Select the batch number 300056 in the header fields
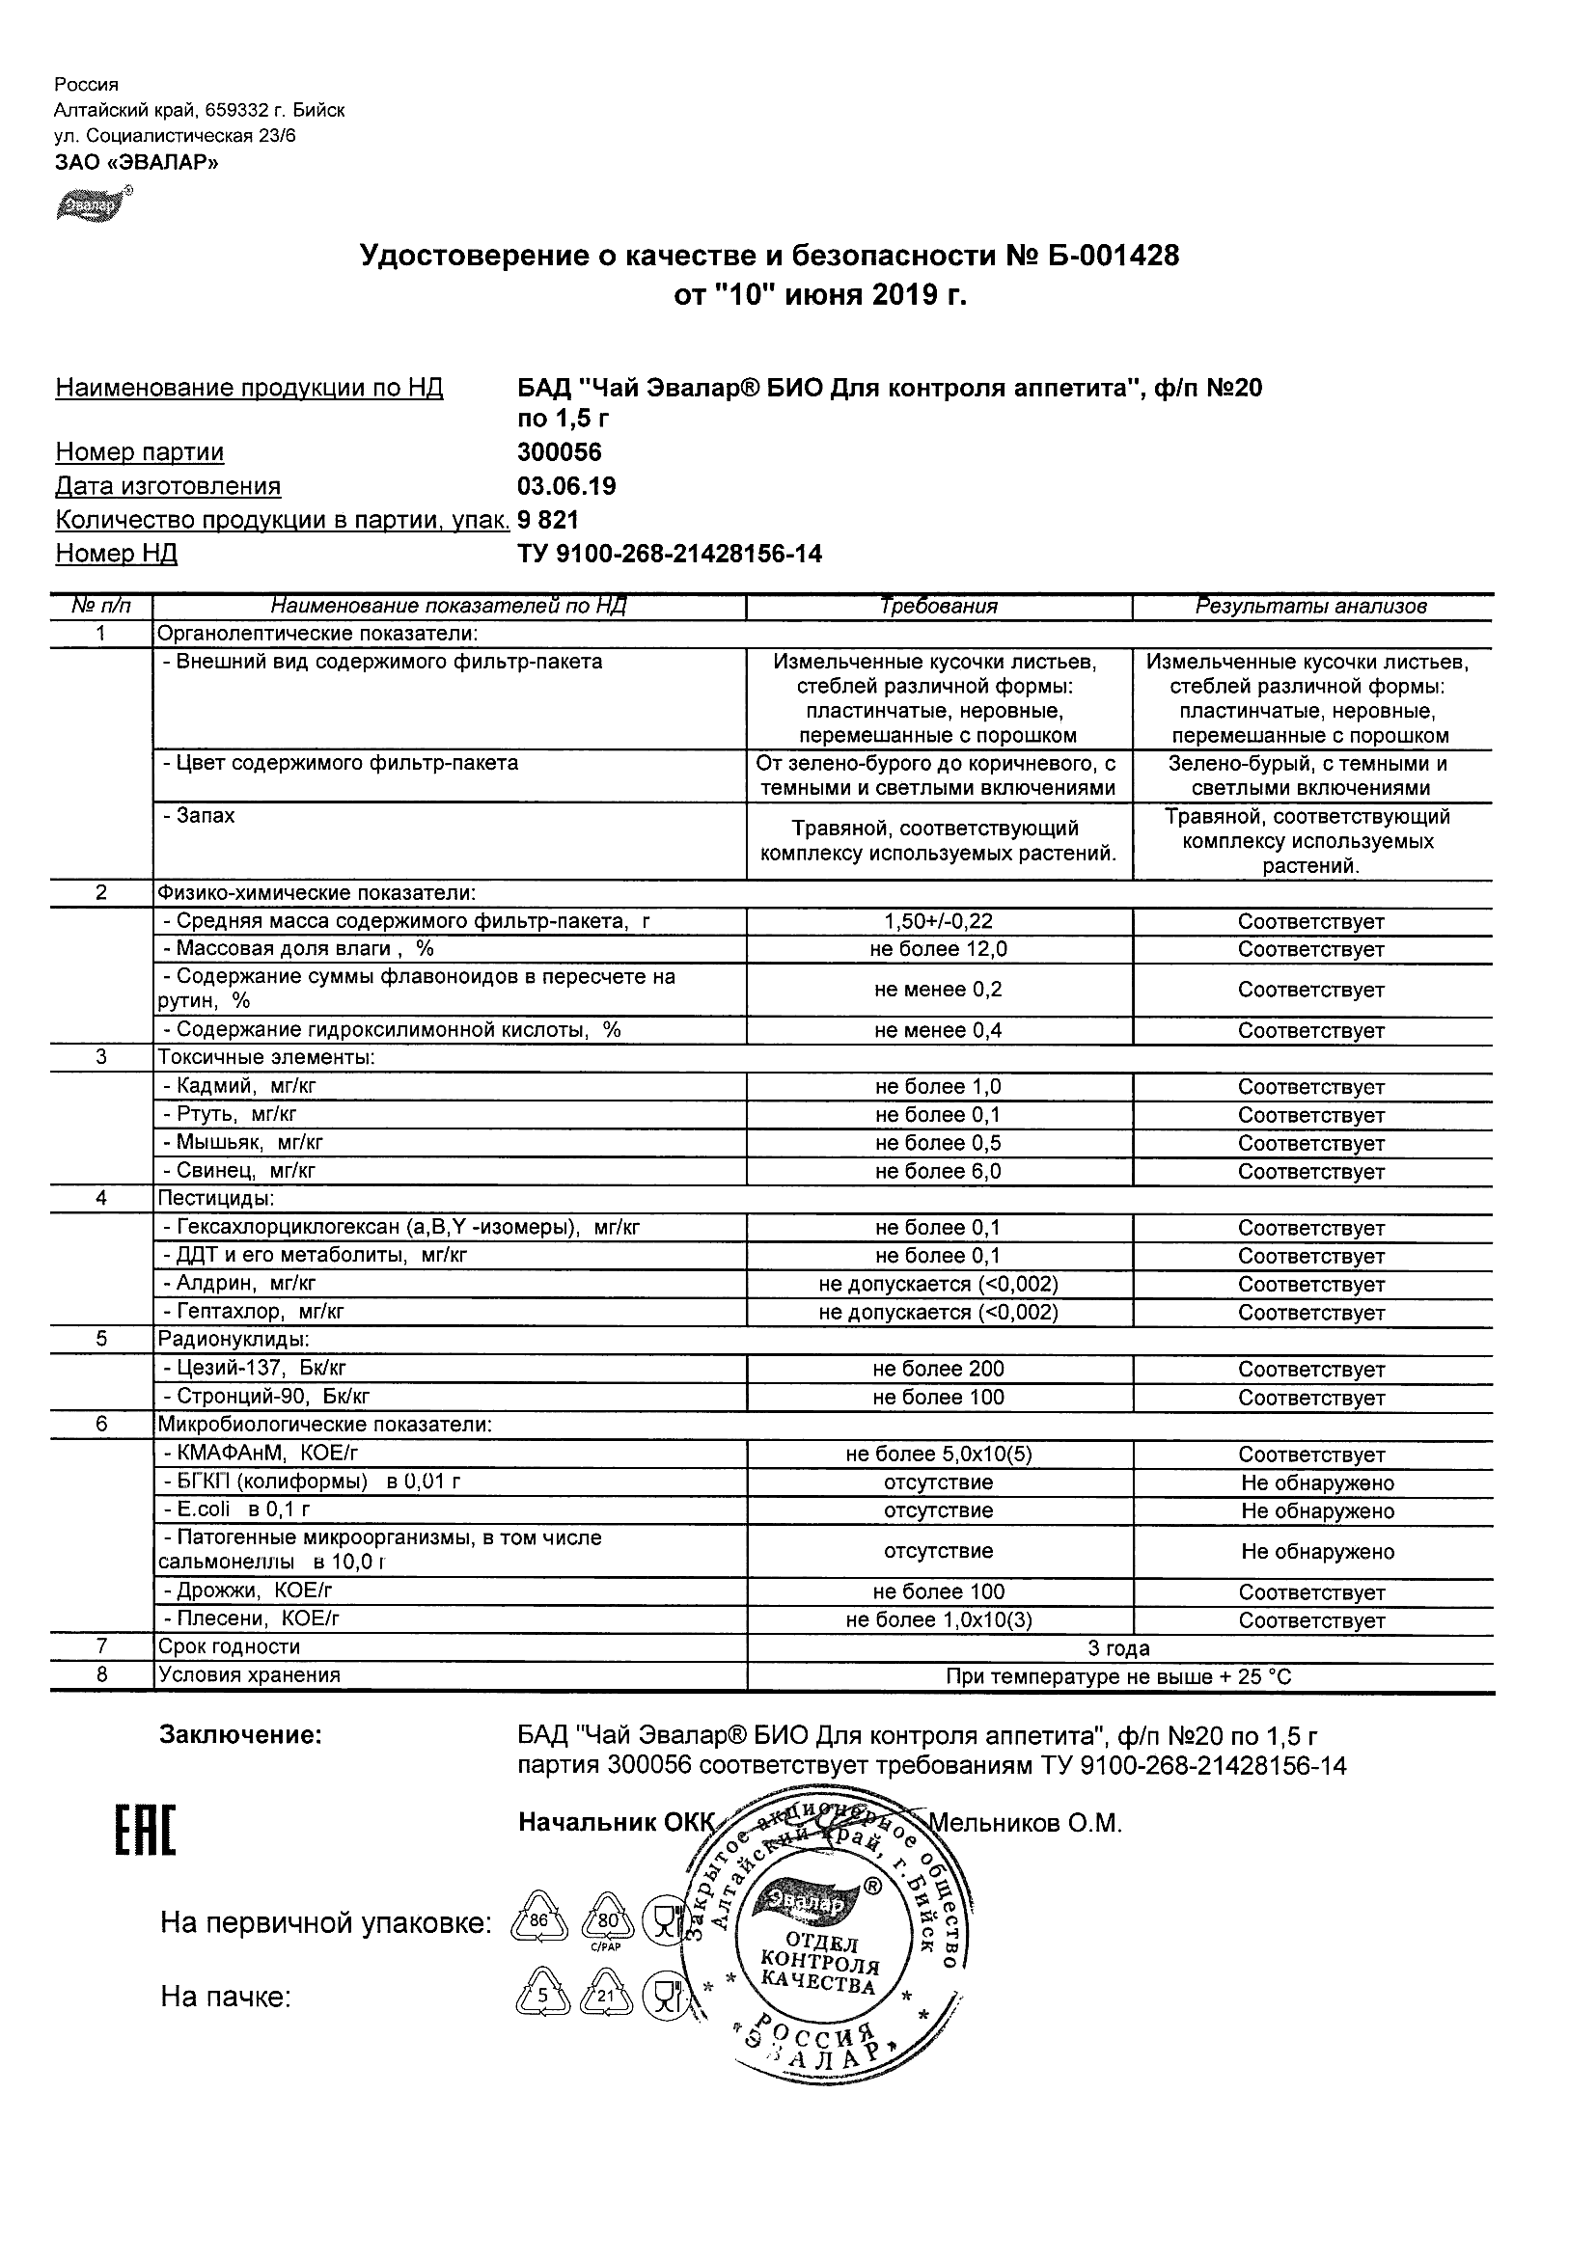pos(559,452)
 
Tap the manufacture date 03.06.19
pos(566,486)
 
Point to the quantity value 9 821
pos(548,520)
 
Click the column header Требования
pos(938,607)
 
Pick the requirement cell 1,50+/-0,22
pos(938,922)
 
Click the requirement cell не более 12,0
pos(938,950)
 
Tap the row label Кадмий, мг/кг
pos(239,1086)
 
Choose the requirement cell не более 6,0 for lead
pos(938,1172)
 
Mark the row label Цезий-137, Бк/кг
pos(254,1369)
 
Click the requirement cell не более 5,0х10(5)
pos(938,1454)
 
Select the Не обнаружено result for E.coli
pos(1317,1510)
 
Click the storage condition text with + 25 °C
pos(1118,1677)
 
